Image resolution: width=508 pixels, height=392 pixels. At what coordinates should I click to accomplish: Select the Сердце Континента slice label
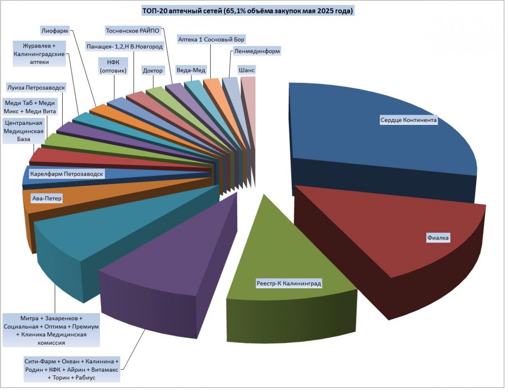tap(408, 120)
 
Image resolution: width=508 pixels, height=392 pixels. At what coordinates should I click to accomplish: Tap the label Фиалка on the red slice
tap(438, 238)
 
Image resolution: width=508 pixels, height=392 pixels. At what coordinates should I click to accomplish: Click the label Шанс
tap(247, 70)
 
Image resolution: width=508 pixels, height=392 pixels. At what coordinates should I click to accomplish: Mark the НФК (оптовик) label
tap(113, 66)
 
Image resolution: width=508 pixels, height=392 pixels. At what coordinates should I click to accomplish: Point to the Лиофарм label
tap(55, 30)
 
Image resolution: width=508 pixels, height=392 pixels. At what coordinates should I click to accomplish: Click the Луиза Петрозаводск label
tap(36, 87)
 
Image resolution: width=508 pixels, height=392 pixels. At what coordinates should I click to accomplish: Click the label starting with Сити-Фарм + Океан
tap(72, 370)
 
